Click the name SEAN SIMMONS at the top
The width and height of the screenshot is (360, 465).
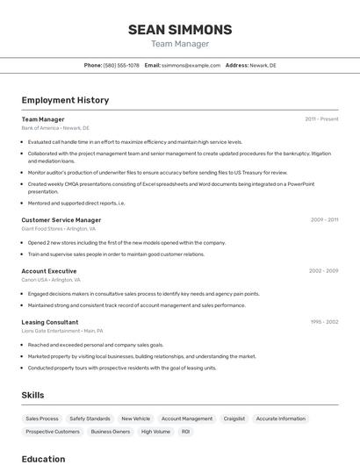pyautogui.click(x=180, y=30)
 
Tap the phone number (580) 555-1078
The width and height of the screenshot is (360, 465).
pyautogui.click(x=121, y=65)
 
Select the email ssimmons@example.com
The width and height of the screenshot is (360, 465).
pyautogui.click(x=191, y=65)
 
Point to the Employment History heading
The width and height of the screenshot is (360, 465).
pyautogui.click(x=65, y=100)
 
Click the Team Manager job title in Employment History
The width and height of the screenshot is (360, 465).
pyautogui.click(x=43, y=119)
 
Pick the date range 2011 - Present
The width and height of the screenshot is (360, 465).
pyautogui.click(x=321, y=119)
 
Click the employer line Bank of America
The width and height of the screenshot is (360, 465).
pyautogui.click(x=55, y=128)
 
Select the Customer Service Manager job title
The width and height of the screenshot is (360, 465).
pyautogui.click(x=61, y=220)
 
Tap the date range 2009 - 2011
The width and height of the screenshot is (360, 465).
pyautogui.click(x=324, y=220)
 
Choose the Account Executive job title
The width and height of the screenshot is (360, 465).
pyautogui.click(x=49, y=271)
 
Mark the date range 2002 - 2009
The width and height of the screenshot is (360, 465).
pyautogui.click(x=323, y=271)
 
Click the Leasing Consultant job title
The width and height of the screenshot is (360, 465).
pyautogui.click(x=50, y=322)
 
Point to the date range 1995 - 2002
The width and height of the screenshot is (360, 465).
pyautogui.click(x=323, y=322)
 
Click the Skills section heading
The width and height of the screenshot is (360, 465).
pyautogui.click(x=32, y=395)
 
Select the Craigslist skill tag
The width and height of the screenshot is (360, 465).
pyautogui.click(x=234, y=419)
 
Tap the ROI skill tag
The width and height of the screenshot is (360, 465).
pyautogui.click(x=185, y=432)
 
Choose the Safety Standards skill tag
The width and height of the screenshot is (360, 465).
pyautogui.click(x=90, y=419)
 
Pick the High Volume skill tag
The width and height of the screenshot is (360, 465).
pyautogui.click(x=155, y=432)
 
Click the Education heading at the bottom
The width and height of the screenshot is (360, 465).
pyautogui.click(x=43, y=458)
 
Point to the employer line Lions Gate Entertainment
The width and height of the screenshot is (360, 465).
pyautogui.click(x=62, y=331)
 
